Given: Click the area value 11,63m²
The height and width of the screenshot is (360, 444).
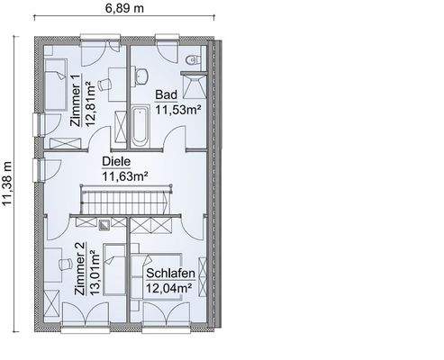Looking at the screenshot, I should [x=124, y=177].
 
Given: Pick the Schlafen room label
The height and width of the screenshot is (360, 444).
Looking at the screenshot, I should [x=169, y=273].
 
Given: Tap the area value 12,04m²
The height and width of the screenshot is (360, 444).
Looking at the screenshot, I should [x=169, y=288].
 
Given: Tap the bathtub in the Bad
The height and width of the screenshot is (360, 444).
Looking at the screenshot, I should [x=140, y=127].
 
